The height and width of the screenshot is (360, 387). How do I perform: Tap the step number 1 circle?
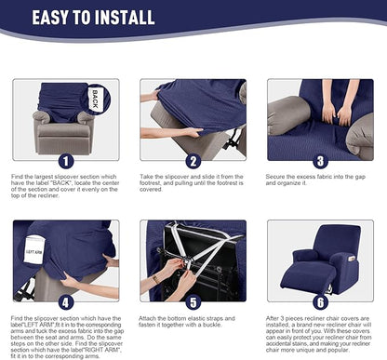click(65, 160)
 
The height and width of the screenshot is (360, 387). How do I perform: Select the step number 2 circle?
click(193, 160)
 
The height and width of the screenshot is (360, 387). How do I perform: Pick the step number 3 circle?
click(321, 160)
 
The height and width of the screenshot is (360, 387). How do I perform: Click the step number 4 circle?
click(65, 301)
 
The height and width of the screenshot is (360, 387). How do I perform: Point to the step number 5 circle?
click(193, 301)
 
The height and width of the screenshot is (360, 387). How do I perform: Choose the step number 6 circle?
click(321, 301)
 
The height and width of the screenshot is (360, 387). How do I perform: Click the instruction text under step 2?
click(193, 186)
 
